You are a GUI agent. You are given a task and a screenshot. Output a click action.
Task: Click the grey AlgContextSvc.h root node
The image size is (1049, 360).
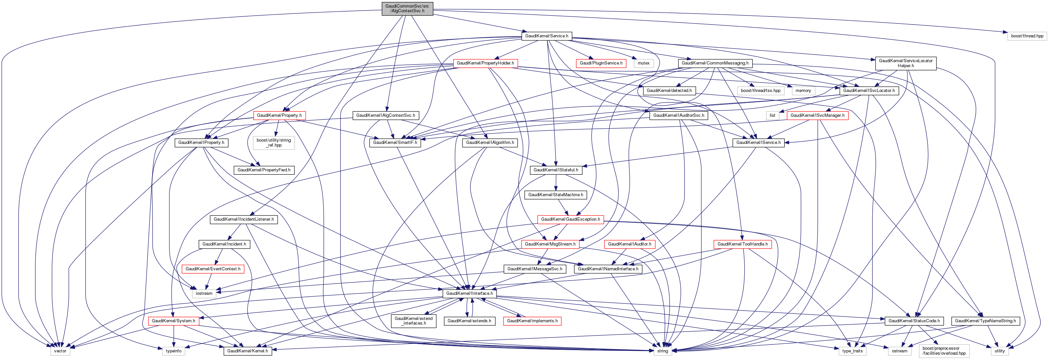(407, 9)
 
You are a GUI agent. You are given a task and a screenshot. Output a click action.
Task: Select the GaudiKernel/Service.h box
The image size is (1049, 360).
(546, 36)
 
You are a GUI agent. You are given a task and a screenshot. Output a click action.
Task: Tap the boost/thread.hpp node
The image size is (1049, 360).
(1027, 36)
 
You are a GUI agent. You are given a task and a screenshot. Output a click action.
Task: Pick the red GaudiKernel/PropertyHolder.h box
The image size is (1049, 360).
(485, 63)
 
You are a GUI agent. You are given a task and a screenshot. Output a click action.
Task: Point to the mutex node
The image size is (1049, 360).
(643, 63)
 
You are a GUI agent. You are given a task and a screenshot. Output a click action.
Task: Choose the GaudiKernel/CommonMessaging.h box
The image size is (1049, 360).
(715, 63)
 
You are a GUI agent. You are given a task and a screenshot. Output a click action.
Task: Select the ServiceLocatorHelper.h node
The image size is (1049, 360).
(905, 63)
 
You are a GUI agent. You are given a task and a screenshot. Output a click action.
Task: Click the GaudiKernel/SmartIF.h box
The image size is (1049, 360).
(395, 143)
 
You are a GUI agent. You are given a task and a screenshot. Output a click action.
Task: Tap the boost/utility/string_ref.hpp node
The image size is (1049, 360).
(274, 143)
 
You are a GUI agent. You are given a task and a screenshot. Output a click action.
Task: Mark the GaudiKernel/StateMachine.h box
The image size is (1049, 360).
(555, 195)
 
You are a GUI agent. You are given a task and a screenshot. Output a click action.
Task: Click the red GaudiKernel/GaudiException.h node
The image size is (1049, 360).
(570, 219)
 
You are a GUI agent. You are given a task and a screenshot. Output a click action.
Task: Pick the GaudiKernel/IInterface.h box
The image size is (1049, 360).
(469, 293)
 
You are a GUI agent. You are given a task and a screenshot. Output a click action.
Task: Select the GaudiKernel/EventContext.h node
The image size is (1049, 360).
(213, 269)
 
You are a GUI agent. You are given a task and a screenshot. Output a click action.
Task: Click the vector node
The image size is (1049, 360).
(60, 351)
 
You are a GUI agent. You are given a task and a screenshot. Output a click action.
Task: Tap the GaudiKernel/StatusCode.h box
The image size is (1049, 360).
(914, 321)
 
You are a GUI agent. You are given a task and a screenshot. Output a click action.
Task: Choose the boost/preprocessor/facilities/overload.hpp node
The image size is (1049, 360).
(943, 351)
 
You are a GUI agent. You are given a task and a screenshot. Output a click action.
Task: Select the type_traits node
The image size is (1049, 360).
(852, 351)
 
